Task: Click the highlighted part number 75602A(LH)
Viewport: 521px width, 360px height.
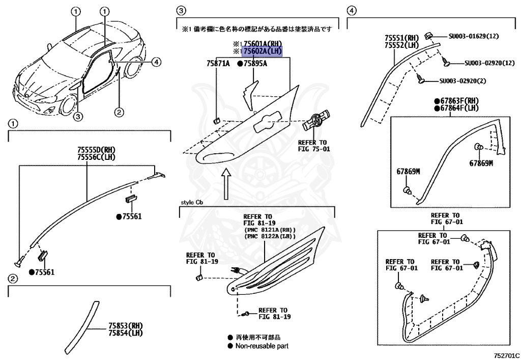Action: click(262, 51)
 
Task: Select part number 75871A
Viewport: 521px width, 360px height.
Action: click(218, 64)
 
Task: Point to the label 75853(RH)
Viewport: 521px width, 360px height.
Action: click(125, 325)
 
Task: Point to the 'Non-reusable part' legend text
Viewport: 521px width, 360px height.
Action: click(262, 346)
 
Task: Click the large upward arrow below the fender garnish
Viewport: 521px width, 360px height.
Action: click(226, 183)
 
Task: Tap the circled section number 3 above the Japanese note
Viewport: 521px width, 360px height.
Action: click(180, 10)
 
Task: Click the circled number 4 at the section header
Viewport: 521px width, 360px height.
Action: click(351, 10)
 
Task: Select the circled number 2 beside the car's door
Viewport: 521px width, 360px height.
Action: click(118, 112)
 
